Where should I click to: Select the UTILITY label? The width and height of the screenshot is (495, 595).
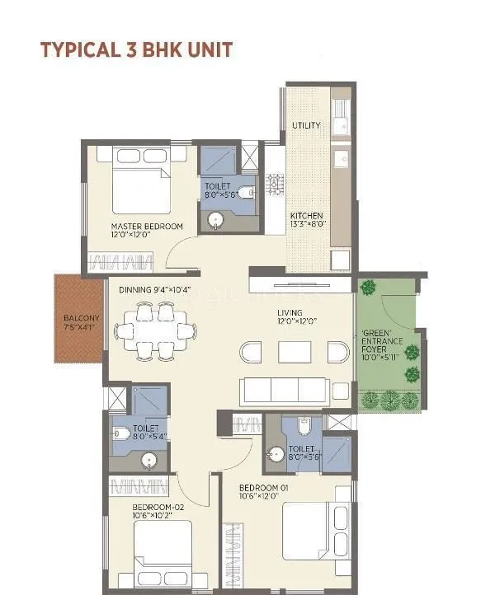click(x=306, y=125)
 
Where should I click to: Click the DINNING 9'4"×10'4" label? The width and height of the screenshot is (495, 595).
click(x=154, y=289)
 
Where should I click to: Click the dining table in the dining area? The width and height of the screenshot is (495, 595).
click(x=156, y=331)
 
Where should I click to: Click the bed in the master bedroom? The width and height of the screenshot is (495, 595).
click(x=132, y=181)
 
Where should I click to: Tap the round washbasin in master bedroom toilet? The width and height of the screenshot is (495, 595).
click(x=217, y=220)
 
